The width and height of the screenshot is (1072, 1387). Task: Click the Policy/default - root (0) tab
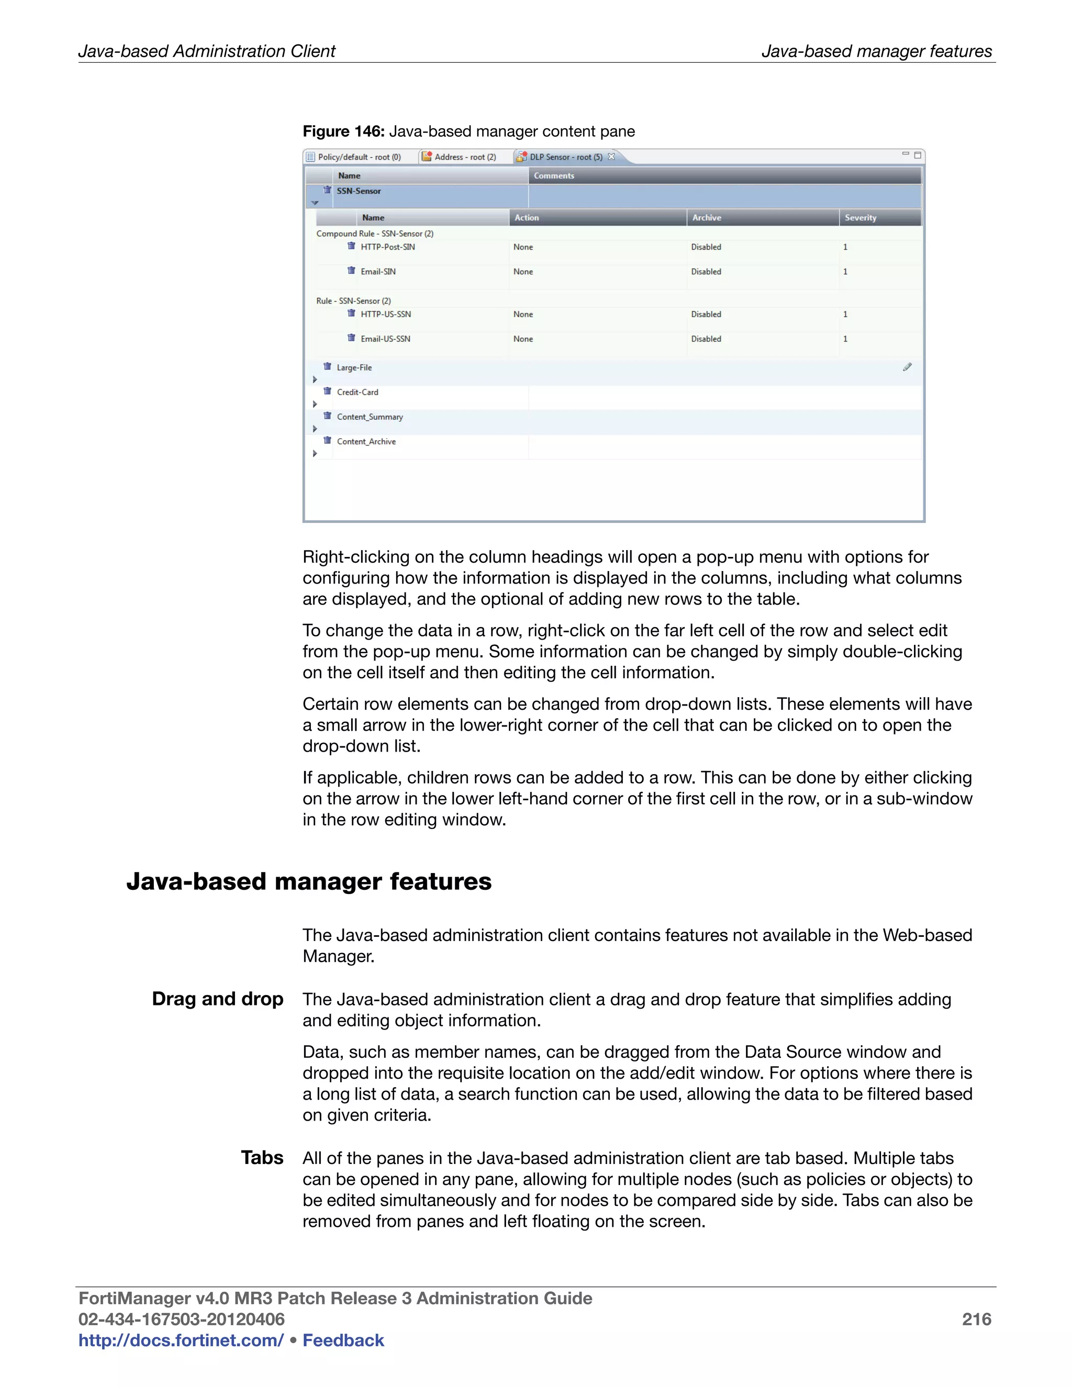[x=359, y=157]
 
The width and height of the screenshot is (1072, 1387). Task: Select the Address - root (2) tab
[x=464, y=157]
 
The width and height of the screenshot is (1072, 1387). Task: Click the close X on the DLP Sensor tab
[x=611, y=156]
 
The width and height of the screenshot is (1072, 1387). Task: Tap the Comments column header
[x=554, y=176]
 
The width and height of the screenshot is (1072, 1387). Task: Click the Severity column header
[x=860, y=218]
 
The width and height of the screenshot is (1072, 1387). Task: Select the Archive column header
[x=706, y=218]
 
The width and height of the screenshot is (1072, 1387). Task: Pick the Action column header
[x=527, y=218]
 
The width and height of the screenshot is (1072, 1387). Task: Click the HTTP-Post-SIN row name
[x=387, y=247]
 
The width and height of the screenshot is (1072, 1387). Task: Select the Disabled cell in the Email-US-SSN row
[x=706, y=339]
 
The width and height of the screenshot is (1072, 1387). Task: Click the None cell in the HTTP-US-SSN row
[x=523, y=315]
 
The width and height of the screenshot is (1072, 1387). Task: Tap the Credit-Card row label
[x=357, y=393]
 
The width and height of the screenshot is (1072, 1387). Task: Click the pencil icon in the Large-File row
[x=907, y=367]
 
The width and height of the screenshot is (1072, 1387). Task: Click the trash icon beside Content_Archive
[x=327, y=440]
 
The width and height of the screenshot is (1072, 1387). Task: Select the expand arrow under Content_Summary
[x=315, y=429]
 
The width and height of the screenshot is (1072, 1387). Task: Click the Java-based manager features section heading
[x=309, y=881]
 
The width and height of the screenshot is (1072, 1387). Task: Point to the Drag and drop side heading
[x=217, y=999]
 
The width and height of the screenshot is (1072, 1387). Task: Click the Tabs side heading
[x=262, y=1158]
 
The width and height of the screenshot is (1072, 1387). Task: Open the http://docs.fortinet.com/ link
[x=181, y=1340]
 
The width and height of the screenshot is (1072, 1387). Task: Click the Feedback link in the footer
[x=343, y=1340]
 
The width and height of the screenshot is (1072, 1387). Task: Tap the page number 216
[x=976, y=1319]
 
